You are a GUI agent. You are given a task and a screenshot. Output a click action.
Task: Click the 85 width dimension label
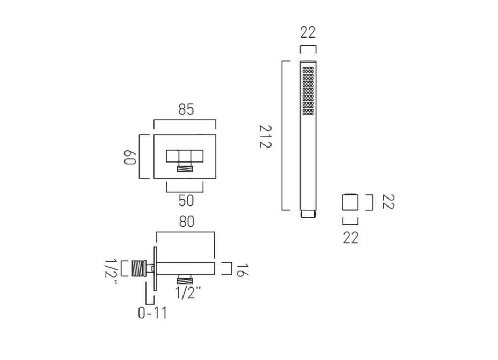pyautogui.click(x=185, y=109)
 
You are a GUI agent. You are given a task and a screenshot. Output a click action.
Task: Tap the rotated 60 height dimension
pyautogui.click(x=129, y=156)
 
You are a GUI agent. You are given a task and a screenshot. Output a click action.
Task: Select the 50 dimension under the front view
pyautogui.click(x=185, y=201)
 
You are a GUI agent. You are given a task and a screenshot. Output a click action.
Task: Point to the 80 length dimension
pyautogui.click(x=186, y=221)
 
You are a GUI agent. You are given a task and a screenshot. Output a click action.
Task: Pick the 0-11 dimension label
pyautogui.click(x=152, y=313)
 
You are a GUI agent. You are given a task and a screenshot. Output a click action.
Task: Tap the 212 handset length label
pyautogui.click(x=266, y=137)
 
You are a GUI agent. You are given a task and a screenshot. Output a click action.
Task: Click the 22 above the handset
pyautogui.click(x=308, y=33)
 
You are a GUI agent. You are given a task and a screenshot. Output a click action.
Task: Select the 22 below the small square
pyautogui.click(x=350, y=237)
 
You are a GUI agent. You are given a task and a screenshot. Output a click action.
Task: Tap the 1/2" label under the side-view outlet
pyautogui.click(x=188, y=292)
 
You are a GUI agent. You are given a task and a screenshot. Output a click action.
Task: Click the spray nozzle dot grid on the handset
pyautogui.click(x=308, y=91)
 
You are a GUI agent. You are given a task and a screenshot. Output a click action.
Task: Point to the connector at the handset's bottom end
pyautogui.click(x=308, y=214)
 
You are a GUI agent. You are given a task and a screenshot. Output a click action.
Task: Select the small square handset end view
pyautogui.click(x=350, y=202)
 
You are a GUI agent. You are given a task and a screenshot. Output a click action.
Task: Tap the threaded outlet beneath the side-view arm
pyautogui.click(x=185, y=279)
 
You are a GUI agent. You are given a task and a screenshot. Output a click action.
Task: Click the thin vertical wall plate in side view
pyautogui.click(x=156, y=268)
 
